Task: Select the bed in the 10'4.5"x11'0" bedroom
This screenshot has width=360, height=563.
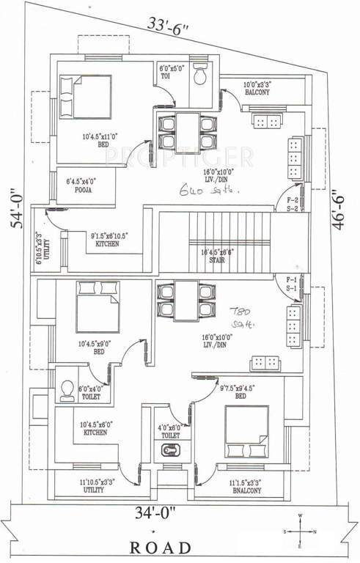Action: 86,98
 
